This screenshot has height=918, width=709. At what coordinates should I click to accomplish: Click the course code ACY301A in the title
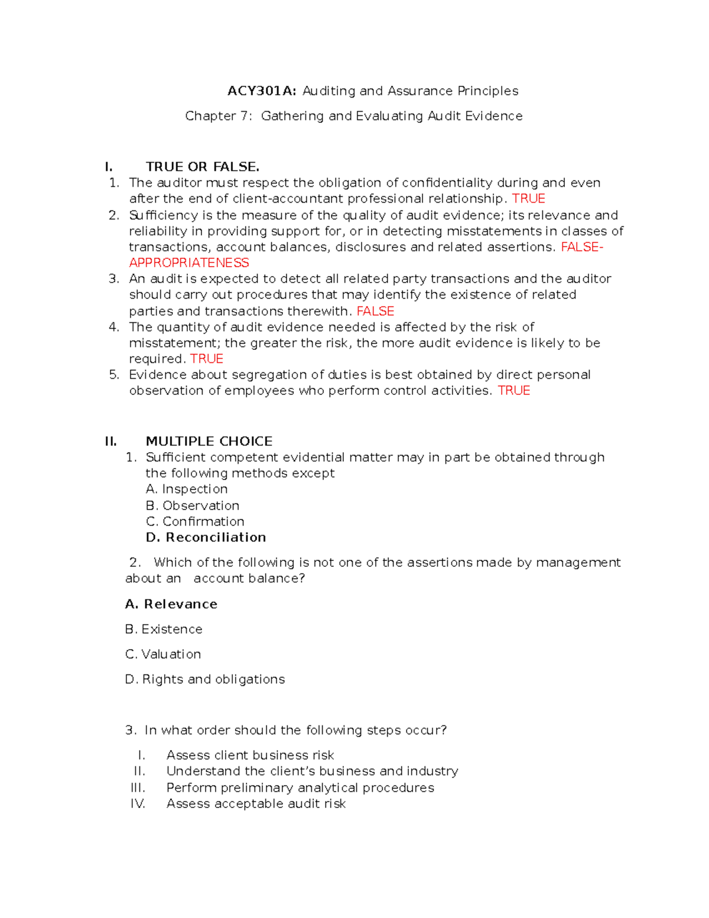(x=262, y=91)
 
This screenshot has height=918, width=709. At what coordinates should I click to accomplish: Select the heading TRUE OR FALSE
(x=203, y=167)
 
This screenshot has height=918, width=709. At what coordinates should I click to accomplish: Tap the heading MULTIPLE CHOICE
(x=209, y=441)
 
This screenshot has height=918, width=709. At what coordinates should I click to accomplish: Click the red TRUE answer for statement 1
(x=528, y=199)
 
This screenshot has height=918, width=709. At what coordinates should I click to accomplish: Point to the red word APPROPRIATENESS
(x=189, y=262)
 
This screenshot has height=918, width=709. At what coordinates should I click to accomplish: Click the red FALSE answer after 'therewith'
(x=375, y=311)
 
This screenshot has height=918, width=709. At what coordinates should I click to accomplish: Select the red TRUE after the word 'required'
(x=207, y=359)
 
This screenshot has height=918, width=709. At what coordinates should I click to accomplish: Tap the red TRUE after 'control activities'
(x=514, y=391)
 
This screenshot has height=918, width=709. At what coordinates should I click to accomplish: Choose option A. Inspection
(x=187, y=489)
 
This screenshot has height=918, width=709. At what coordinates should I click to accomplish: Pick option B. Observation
(x=193, y=505)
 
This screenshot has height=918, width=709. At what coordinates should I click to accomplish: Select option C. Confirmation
(x=195, y=521)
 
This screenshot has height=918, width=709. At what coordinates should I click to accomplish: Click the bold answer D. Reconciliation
(x=206, y=537)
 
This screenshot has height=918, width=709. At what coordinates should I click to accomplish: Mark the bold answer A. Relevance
(x=171, y=604)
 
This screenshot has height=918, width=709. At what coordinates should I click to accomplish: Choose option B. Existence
(x=164, y=629)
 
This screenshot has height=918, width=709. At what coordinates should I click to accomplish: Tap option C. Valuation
(x=163, y=654)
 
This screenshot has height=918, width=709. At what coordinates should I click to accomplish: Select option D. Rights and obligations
(x=205, y=679)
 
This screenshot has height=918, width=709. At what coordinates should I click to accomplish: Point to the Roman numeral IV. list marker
(x=138, y=803)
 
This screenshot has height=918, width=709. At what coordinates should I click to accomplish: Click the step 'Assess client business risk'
(x=250, y=755)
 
